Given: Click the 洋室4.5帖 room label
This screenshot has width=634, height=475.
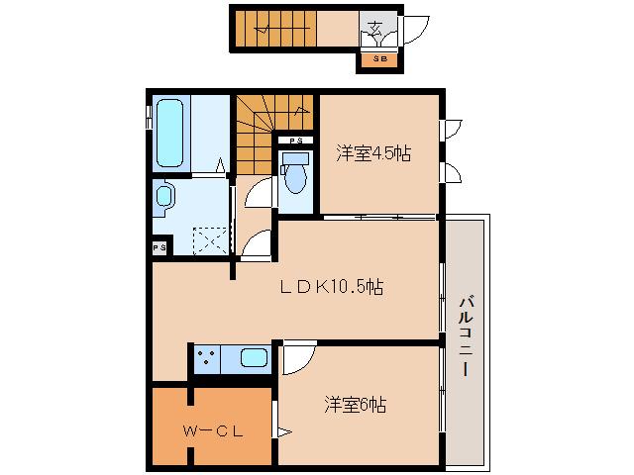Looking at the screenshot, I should click(373, 152).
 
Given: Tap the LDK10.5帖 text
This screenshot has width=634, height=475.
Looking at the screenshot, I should click(331, 287).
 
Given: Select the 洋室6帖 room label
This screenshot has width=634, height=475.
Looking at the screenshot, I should click(354, 404).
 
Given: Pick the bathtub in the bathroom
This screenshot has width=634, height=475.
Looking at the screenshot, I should click(170, 135).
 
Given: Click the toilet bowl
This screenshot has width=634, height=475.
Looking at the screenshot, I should click(294, 177).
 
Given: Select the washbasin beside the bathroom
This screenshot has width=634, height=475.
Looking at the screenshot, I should click(164, 198).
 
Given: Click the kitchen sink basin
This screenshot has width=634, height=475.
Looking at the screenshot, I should click(254, 358).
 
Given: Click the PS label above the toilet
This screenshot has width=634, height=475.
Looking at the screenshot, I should click(295, 142).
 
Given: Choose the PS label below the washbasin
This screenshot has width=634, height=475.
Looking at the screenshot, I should click(158, 247).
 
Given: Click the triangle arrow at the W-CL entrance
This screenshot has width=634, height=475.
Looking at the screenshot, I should click(283, 431).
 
